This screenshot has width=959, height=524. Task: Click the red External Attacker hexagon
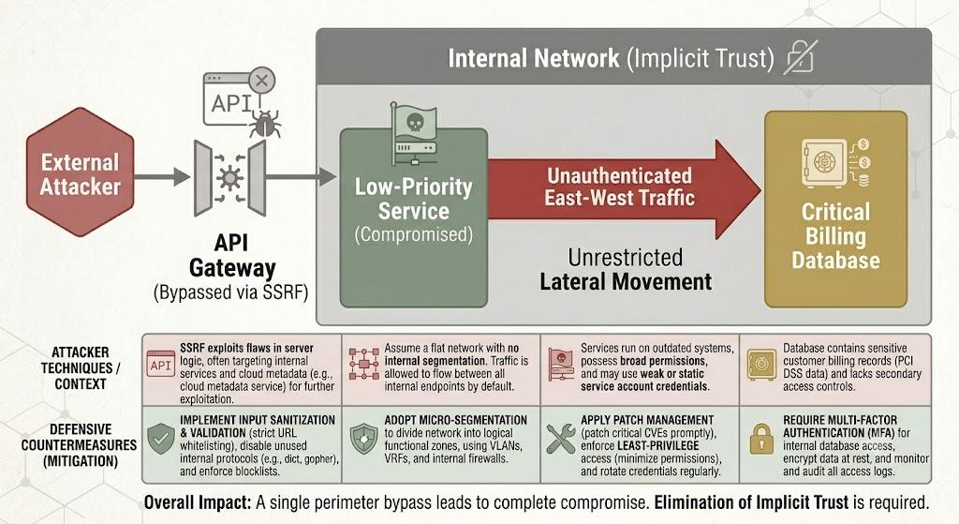coord(81,172)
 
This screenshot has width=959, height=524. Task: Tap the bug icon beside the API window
coord(264,123)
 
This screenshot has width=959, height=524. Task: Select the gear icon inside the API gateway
coord(229,177)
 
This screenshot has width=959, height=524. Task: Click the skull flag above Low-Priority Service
coord(414,123)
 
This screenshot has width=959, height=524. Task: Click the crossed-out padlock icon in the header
coord(800,58)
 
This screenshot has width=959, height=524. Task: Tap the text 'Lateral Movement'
coord(626,281)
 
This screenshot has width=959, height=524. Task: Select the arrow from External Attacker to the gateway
coord(162,177)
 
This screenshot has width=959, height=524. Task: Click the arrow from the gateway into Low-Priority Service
coord(301,177)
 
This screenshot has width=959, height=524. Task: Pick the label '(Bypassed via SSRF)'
coord(230,292)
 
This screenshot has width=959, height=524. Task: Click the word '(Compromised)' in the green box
coord(414,234)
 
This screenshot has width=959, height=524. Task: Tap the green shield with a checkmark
coord(161,439)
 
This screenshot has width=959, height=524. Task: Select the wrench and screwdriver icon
coord(560,439)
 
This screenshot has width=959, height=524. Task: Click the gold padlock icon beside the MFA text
coord(761,439)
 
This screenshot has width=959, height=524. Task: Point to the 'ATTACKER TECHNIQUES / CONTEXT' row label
coord(81,367)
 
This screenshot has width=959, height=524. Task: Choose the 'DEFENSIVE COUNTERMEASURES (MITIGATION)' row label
coord(80,445)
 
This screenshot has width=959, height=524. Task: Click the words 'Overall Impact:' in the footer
coord(198,502)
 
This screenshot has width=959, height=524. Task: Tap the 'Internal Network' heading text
coord(533,58)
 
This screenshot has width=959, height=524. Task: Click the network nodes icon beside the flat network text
coord(364,364)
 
